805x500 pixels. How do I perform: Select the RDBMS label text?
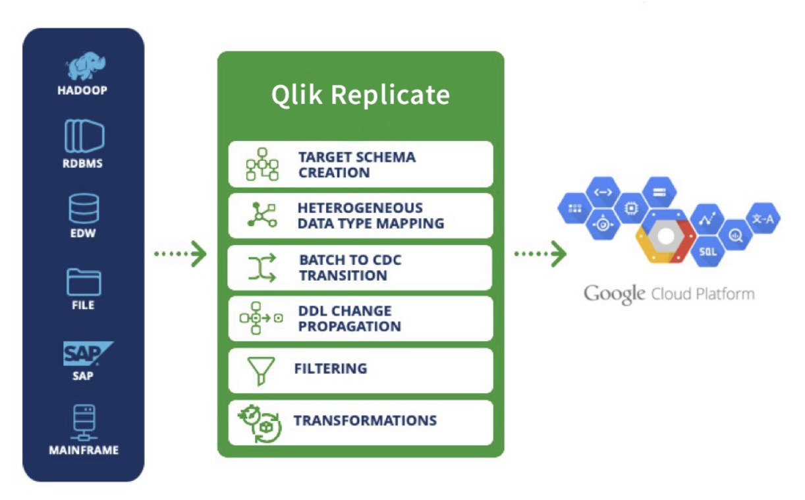tap(83, 163)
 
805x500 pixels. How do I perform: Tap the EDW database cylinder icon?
tap(84, 209)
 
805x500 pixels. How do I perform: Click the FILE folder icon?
tap(84, 282)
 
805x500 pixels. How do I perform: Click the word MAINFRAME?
tap(84, 451)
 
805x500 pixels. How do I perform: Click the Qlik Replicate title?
tap(360, 95)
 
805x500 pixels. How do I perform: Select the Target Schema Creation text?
tap(356, 165)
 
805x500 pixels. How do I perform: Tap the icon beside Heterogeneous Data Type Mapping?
tap(262, 215)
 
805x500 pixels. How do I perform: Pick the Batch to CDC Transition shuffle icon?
tap(262, 267)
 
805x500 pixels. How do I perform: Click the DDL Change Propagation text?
tap(349, 318)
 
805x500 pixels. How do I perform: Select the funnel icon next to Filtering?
tap(260, 370)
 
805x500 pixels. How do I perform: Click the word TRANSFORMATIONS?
tap(365, 420)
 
